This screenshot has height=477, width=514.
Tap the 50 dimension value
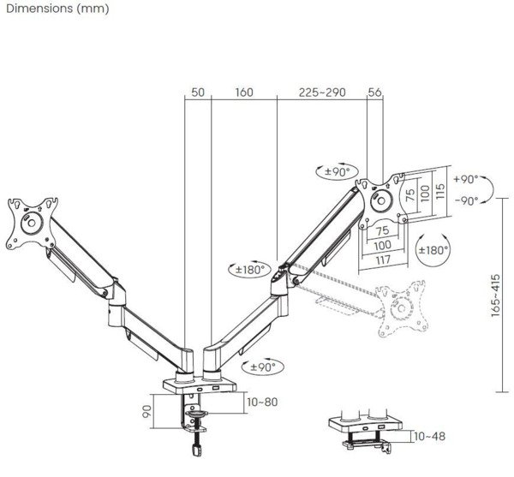(x=198, y=92)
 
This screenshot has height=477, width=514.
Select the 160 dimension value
(x=244, y=92)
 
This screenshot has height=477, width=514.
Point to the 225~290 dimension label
(x=321, y=92)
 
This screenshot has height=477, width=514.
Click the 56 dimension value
(x=374, y=92)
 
